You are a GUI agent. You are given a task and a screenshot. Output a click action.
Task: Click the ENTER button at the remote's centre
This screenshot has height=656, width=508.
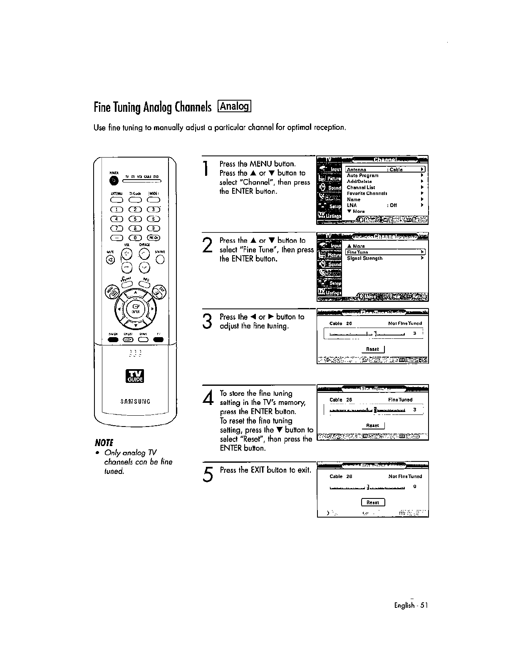point(135,309)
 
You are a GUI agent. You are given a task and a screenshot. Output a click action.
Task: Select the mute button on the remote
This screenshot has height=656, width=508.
point(110,260)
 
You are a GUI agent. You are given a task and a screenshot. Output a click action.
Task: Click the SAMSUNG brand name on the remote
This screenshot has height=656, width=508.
point(135,402)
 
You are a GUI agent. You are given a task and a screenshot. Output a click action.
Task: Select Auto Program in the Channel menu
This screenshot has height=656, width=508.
point(363,175)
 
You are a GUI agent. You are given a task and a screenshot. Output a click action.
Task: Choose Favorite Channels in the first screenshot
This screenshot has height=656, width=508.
point(367,193)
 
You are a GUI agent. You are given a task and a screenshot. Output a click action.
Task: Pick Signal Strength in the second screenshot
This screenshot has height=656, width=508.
point(364,258)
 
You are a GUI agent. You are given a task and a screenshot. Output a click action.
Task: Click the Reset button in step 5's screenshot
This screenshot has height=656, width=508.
point(373,502)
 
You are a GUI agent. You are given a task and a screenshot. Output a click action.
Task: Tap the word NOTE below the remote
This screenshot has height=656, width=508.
point(104,441)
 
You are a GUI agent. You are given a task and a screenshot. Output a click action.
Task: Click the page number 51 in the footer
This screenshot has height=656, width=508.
point(424,605)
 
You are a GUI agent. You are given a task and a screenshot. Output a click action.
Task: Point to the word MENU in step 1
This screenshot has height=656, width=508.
point(261,164)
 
